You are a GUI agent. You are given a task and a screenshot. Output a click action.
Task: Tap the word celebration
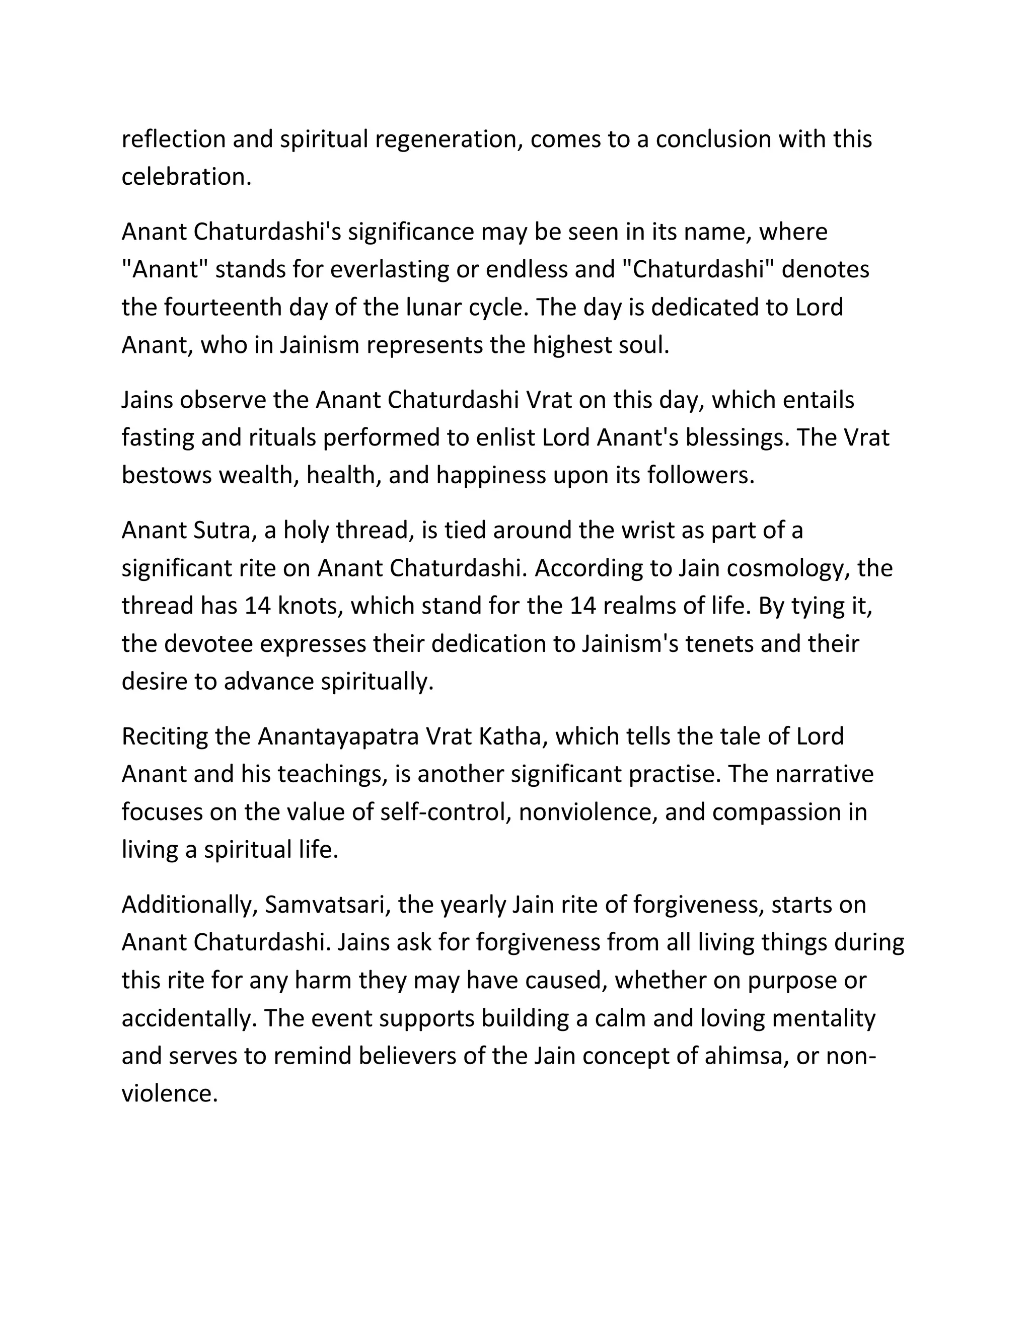coord(186,177)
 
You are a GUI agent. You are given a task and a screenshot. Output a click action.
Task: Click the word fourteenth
coord(223,307)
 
